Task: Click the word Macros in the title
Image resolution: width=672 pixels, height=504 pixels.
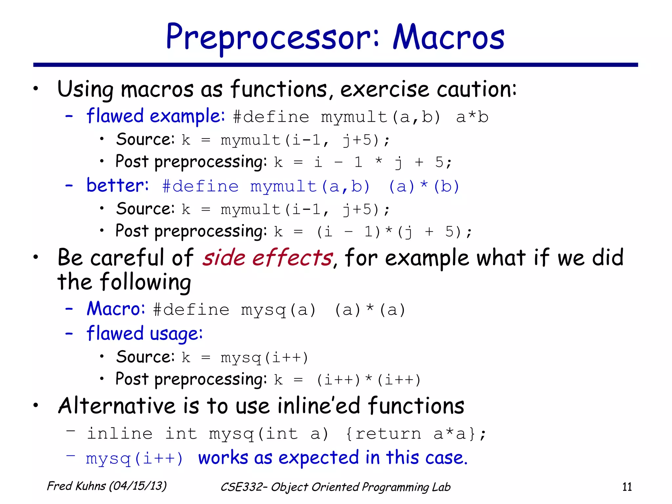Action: coord(448,38)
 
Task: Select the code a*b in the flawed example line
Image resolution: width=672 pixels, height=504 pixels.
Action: coord(472,117)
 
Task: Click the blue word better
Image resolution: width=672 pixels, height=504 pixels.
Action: coord(117,186)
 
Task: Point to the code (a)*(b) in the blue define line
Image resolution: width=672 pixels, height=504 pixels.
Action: coord(424,187)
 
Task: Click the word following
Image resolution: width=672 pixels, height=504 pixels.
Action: coord(145,282)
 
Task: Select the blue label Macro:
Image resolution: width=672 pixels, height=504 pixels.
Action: coord(115,309)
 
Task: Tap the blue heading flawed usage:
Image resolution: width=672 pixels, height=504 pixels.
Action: coord(144,334)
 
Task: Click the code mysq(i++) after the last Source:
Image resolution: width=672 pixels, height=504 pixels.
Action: coord(264,358)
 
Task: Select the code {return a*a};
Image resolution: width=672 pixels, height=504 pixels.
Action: coord(416,434)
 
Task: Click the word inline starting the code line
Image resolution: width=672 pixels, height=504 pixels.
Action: coord(119,434)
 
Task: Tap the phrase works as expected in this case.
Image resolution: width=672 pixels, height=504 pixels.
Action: coord(333,458)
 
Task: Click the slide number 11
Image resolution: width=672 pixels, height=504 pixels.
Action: coord(627,487)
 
